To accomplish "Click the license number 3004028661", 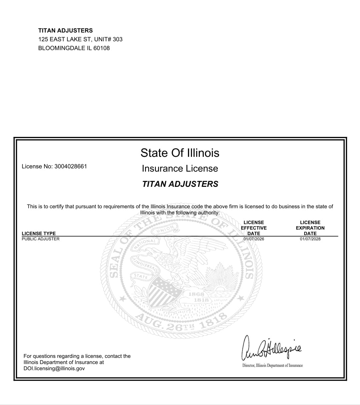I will pyautogui.click(x=70, y=167).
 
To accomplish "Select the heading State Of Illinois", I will pyautogui.click(x=180, y=153).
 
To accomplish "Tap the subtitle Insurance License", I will pyautogui.click(x=180, y=169).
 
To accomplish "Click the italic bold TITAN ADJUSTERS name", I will pyautogui.click(x=180, y=184).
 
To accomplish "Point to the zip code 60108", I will pyautogui.click(x=101, y=48).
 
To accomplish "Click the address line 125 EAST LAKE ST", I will pyautogui.click(x=65, y=39).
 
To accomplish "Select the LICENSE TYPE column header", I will pyautogui.click(x=39, y=233).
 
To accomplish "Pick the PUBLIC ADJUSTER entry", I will pyautogui.click(x=41, y=239).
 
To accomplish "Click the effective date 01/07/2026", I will pyautogui.click(x=254, y=239).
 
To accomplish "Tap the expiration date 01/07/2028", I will pyautogui.click(x=310, y=239).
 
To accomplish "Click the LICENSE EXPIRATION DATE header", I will pyautogui.click(x=310, y=228).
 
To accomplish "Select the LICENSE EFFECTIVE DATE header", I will pyautogui.click(x=254, y=228).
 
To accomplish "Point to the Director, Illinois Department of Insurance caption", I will pyautogui.click(x=272, y=365).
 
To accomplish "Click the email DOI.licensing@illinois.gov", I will pyautogui.click(x=54, y=368).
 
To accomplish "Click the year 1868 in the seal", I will pyautogui.click(x=196, y=294).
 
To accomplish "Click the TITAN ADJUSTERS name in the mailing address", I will pyautogui.click(x=65, y=30).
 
